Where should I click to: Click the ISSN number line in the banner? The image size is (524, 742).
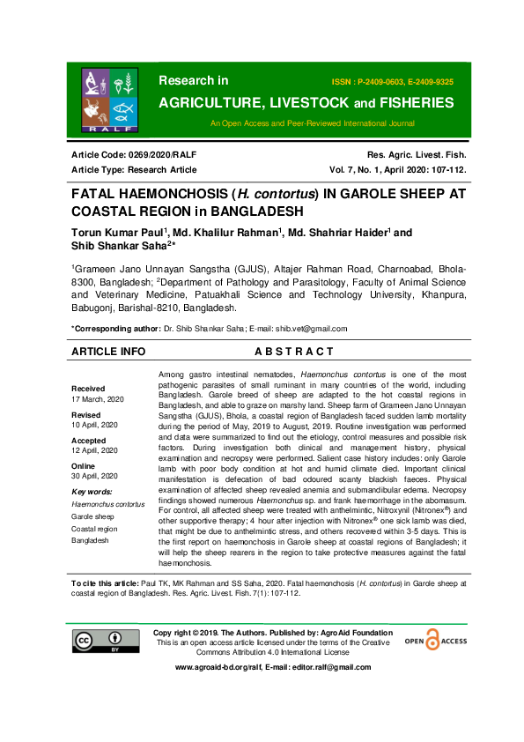pos(392,81)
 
